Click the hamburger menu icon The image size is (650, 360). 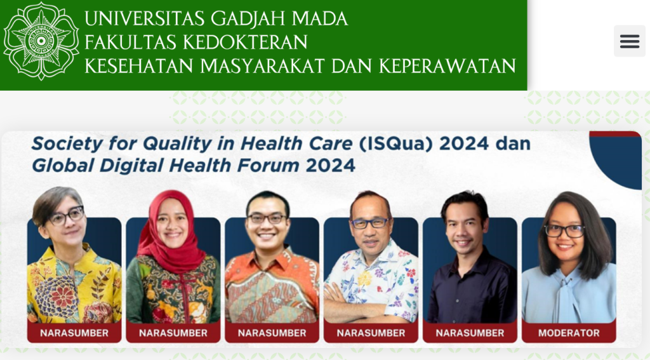[x=629, y=41]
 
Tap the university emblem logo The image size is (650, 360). [x=41, y=41]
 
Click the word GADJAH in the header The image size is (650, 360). [x=248, y=18]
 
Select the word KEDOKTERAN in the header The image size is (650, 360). [x=245, y=42]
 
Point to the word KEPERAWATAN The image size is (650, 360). [x=448, y=66]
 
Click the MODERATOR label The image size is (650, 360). [x=569, y=333]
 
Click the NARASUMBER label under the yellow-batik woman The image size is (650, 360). [x=74, y=333]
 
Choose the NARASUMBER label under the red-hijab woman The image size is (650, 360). [x=173, y=333]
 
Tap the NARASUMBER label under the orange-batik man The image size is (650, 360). [x=272, y=333]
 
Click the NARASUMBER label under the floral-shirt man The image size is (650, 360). [x=371, y=333]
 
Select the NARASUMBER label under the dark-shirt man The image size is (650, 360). [x=470, y=333]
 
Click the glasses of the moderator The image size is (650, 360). [x=564, y=230]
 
